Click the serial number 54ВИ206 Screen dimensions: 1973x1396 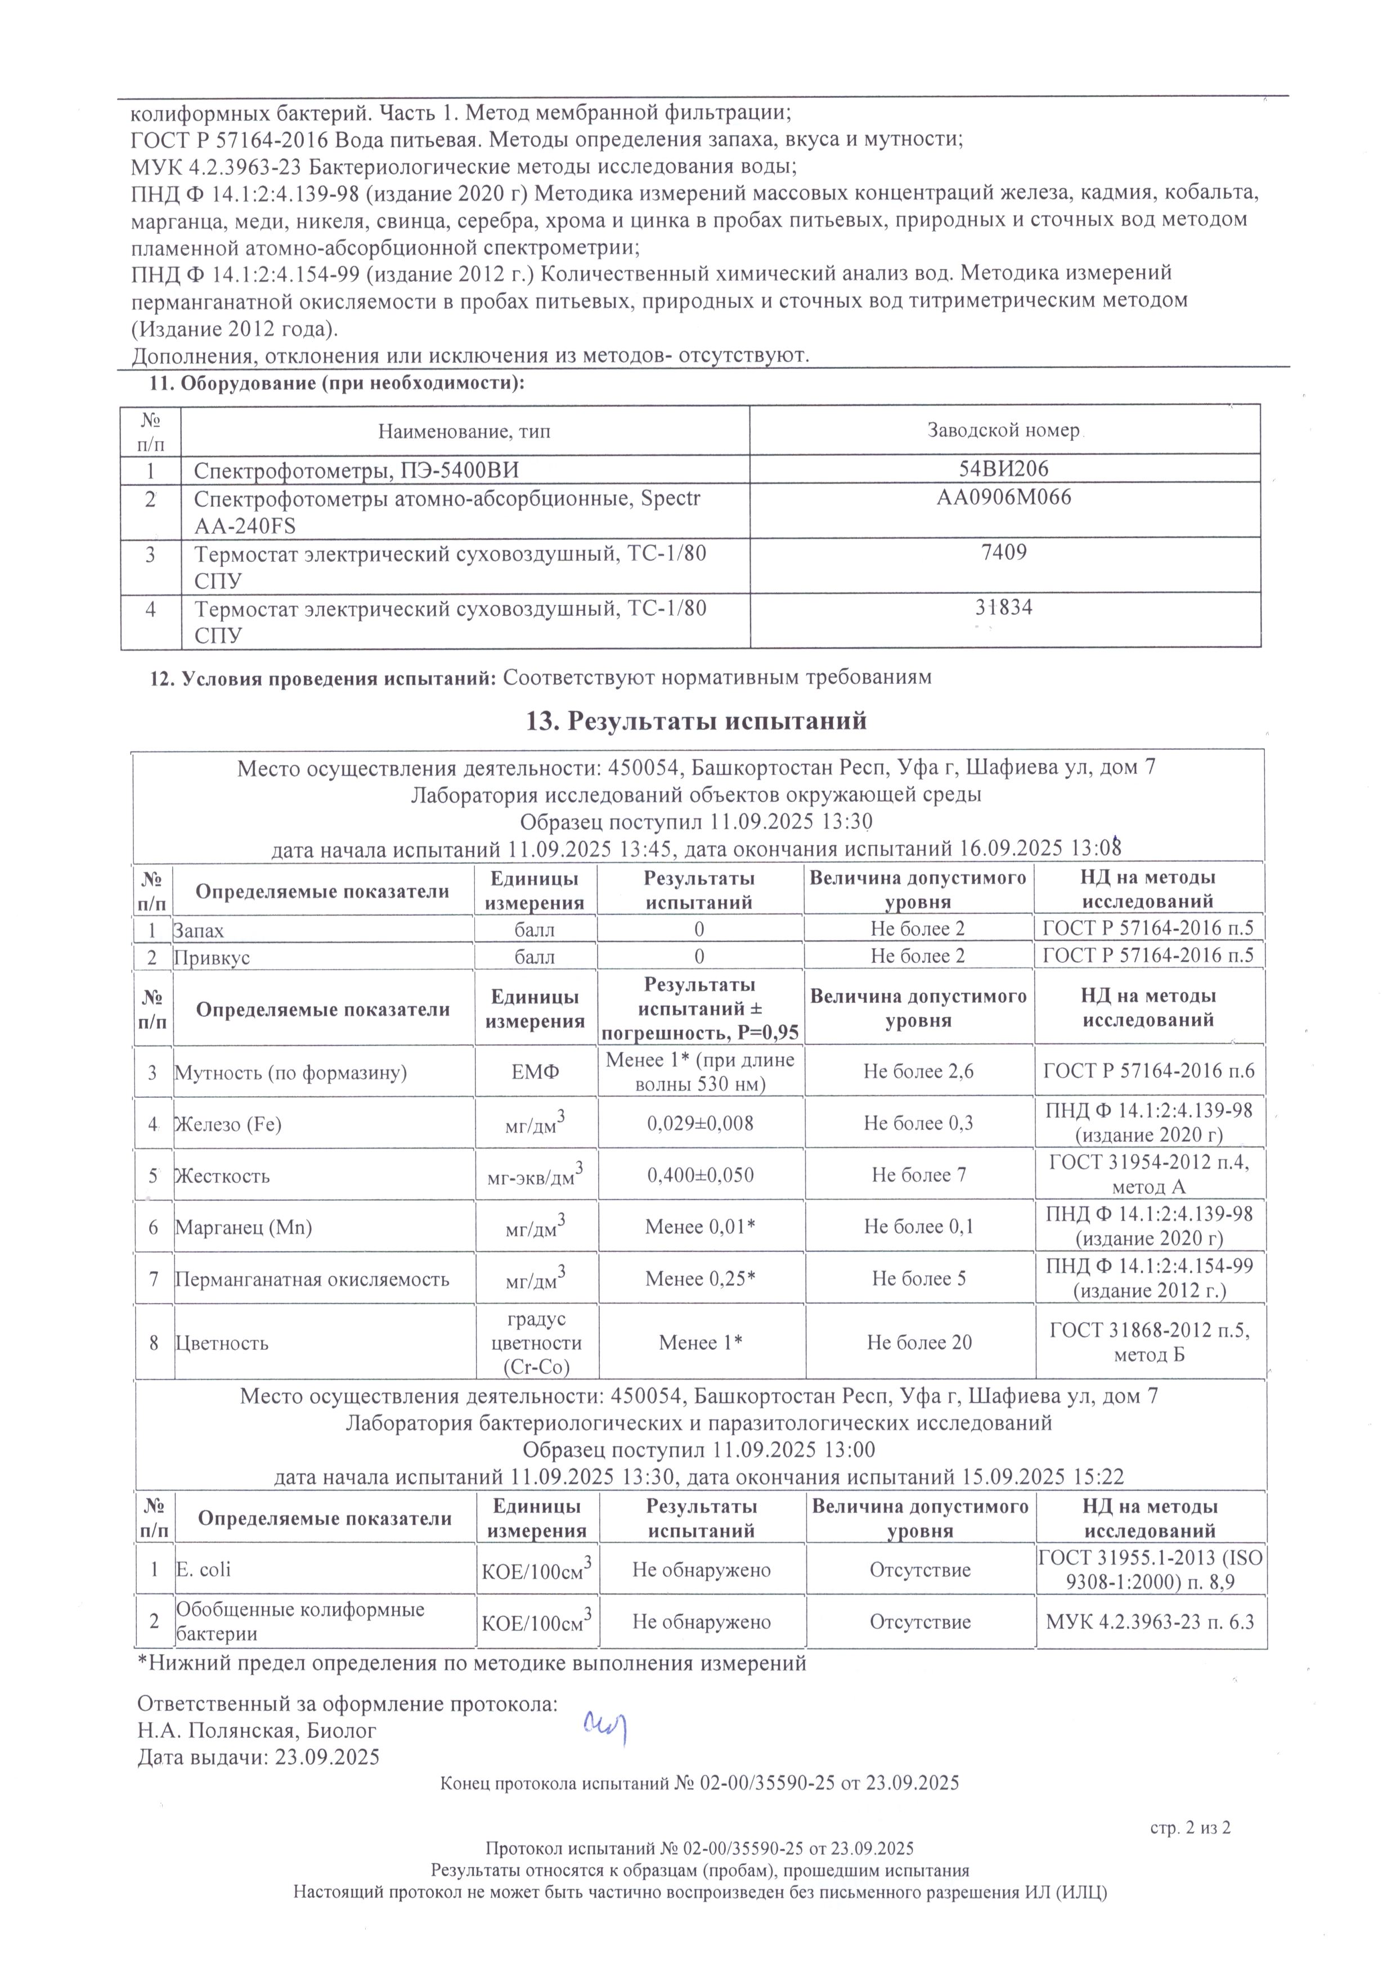click(x=1003, y=469)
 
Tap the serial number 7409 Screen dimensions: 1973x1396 click(x=1003, y=552)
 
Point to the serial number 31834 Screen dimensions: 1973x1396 click(x=1003, y=607)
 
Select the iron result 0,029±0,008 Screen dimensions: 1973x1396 click(x=700, y=1123)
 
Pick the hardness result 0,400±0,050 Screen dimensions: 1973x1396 click(x=700, y=1175)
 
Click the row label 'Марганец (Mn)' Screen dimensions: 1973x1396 click(x=243, y=1227)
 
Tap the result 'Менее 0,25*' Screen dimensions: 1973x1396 click(x=700, y=1278)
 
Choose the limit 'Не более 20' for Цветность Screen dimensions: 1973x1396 click(x=919, y=1343)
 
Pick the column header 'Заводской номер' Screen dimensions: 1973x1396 click(x=1003, y=430)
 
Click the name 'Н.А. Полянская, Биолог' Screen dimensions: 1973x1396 click(x=257, y=1731)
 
